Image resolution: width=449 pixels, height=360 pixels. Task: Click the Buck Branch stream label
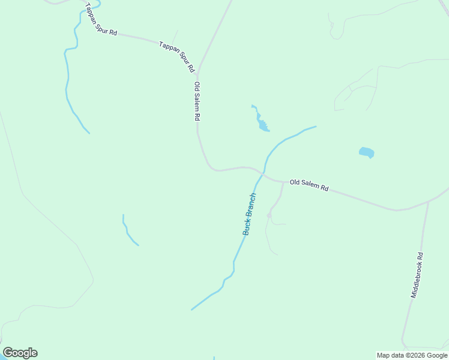[250, 214]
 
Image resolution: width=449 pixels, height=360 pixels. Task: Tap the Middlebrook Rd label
[417, 275]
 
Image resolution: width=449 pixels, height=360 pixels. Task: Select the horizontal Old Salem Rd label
[309, 185]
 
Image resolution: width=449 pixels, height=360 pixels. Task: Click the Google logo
[20, 353]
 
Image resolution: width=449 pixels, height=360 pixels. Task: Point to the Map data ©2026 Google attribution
[411, 355]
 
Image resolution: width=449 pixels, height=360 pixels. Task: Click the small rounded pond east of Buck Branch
[367, 152]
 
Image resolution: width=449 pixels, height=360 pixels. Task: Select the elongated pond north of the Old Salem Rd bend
[262, 124]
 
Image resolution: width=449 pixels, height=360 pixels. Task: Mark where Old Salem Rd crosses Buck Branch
[262, 173]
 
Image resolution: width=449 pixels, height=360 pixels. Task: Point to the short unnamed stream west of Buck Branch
[128, 231]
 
